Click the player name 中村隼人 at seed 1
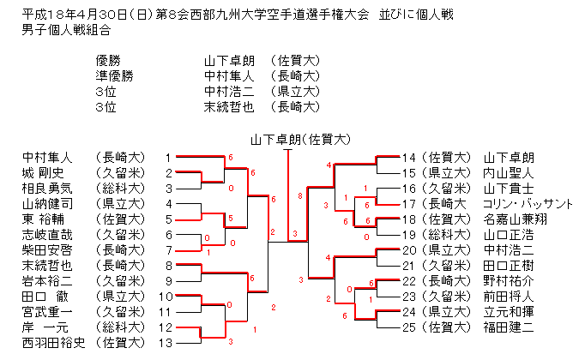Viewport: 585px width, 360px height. pyautogui.click(x=48, y=158)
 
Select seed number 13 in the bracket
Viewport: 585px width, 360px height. pyautogui.click(x=168, y=343)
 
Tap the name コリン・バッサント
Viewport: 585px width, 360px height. pyautogui.click(x=528, y=204)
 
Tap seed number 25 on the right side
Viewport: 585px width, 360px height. pyautogui.click(x=408, y=327)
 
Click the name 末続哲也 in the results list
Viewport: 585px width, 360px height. pyautogui.click(x=229, y=107)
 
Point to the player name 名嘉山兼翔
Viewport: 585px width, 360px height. pyautogui.click(x=515, y=219)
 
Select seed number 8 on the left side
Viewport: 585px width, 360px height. pyautogui.click(x=168, y=266)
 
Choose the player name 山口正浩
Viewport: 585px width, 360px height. pyautogui.click(x=509, y=235)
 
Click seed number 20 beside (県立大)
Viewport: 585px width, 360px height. pyautogui.click(x=408, y=250)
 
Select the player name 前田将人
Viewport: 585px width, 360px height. pyautogui.click(x=509, y=297)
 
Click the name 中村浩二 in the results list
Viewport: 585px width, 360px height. pyautogui.click(x=229, y=92)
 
